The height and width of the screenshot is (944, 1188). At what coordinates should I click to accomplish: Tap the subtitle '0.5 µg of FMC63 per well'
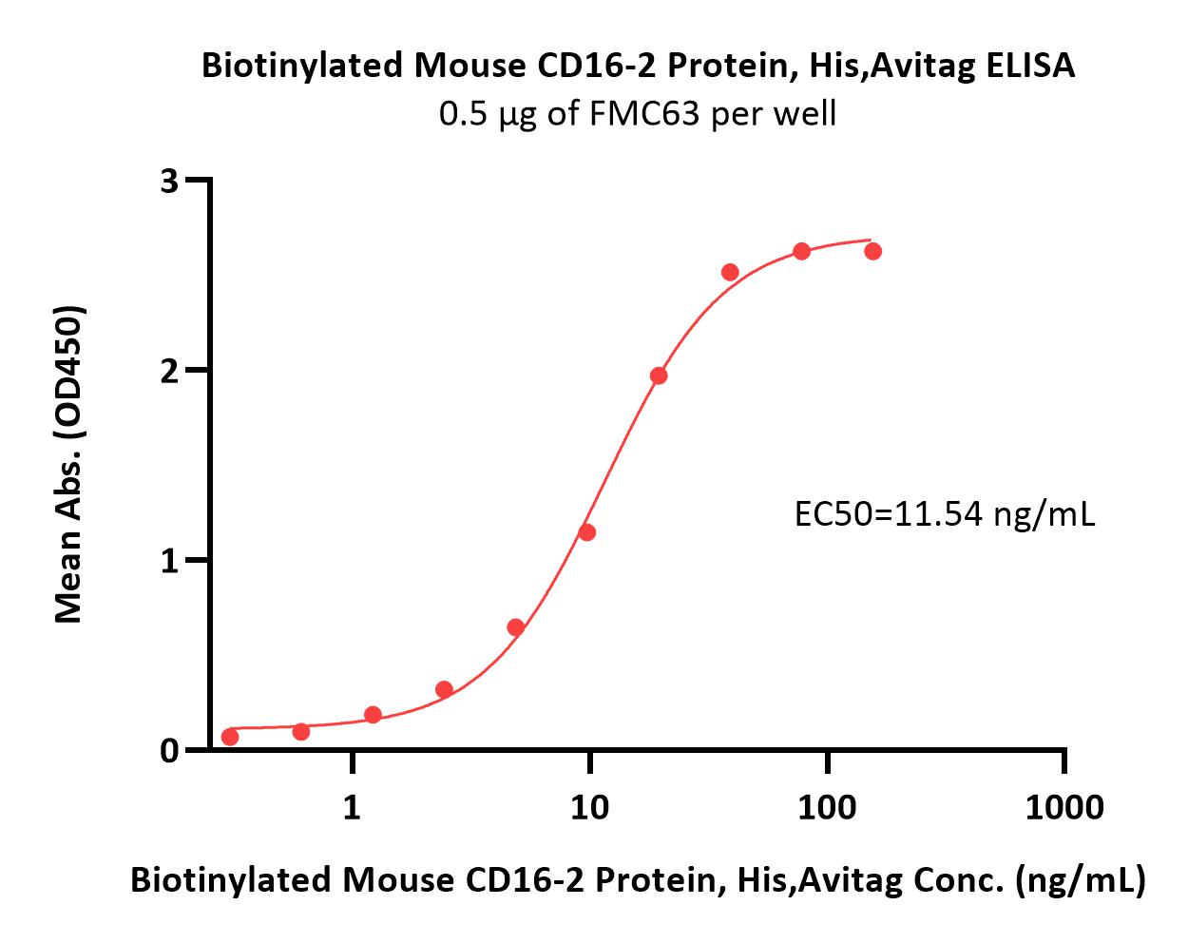pos(637,114)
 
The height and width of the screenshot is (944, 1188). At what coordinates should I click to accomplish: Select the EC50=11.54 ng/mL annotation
pos(945,515)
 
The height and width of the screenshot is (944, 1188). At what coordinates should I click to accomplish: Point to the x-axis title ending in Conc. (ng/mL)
pos(638,879)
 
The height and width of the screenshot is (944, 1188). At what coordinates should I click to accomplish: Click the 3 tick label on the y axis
pos(170,181)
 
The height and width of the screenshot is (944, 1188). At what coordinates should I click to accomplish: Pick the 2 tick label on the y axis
pos(170,372)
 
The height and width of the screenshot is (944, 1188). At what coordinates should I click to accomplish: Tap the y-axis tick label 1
pos(170,562)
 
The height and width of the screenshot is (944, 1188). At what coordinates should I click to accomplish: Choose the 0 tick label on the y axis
pos(170,751)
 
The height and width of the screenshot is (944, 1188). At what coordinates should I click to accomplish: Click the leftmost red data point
pos(230,737)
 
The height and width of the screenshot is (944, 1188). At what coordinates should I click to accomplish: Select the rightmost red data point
pos(872,251)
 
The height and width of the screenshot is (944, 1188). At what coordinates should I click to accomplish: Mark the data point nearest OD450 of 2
pos(659,376)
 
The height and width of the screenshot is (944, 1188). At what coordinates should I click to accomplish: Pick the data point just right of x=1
pos(374,714)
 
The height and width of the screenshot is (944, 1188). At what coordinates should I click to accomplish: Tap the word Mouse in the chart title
pos(470,66)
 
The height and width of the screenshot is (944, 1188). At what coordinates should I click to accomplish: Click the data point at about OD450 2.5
pos(730,272)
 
